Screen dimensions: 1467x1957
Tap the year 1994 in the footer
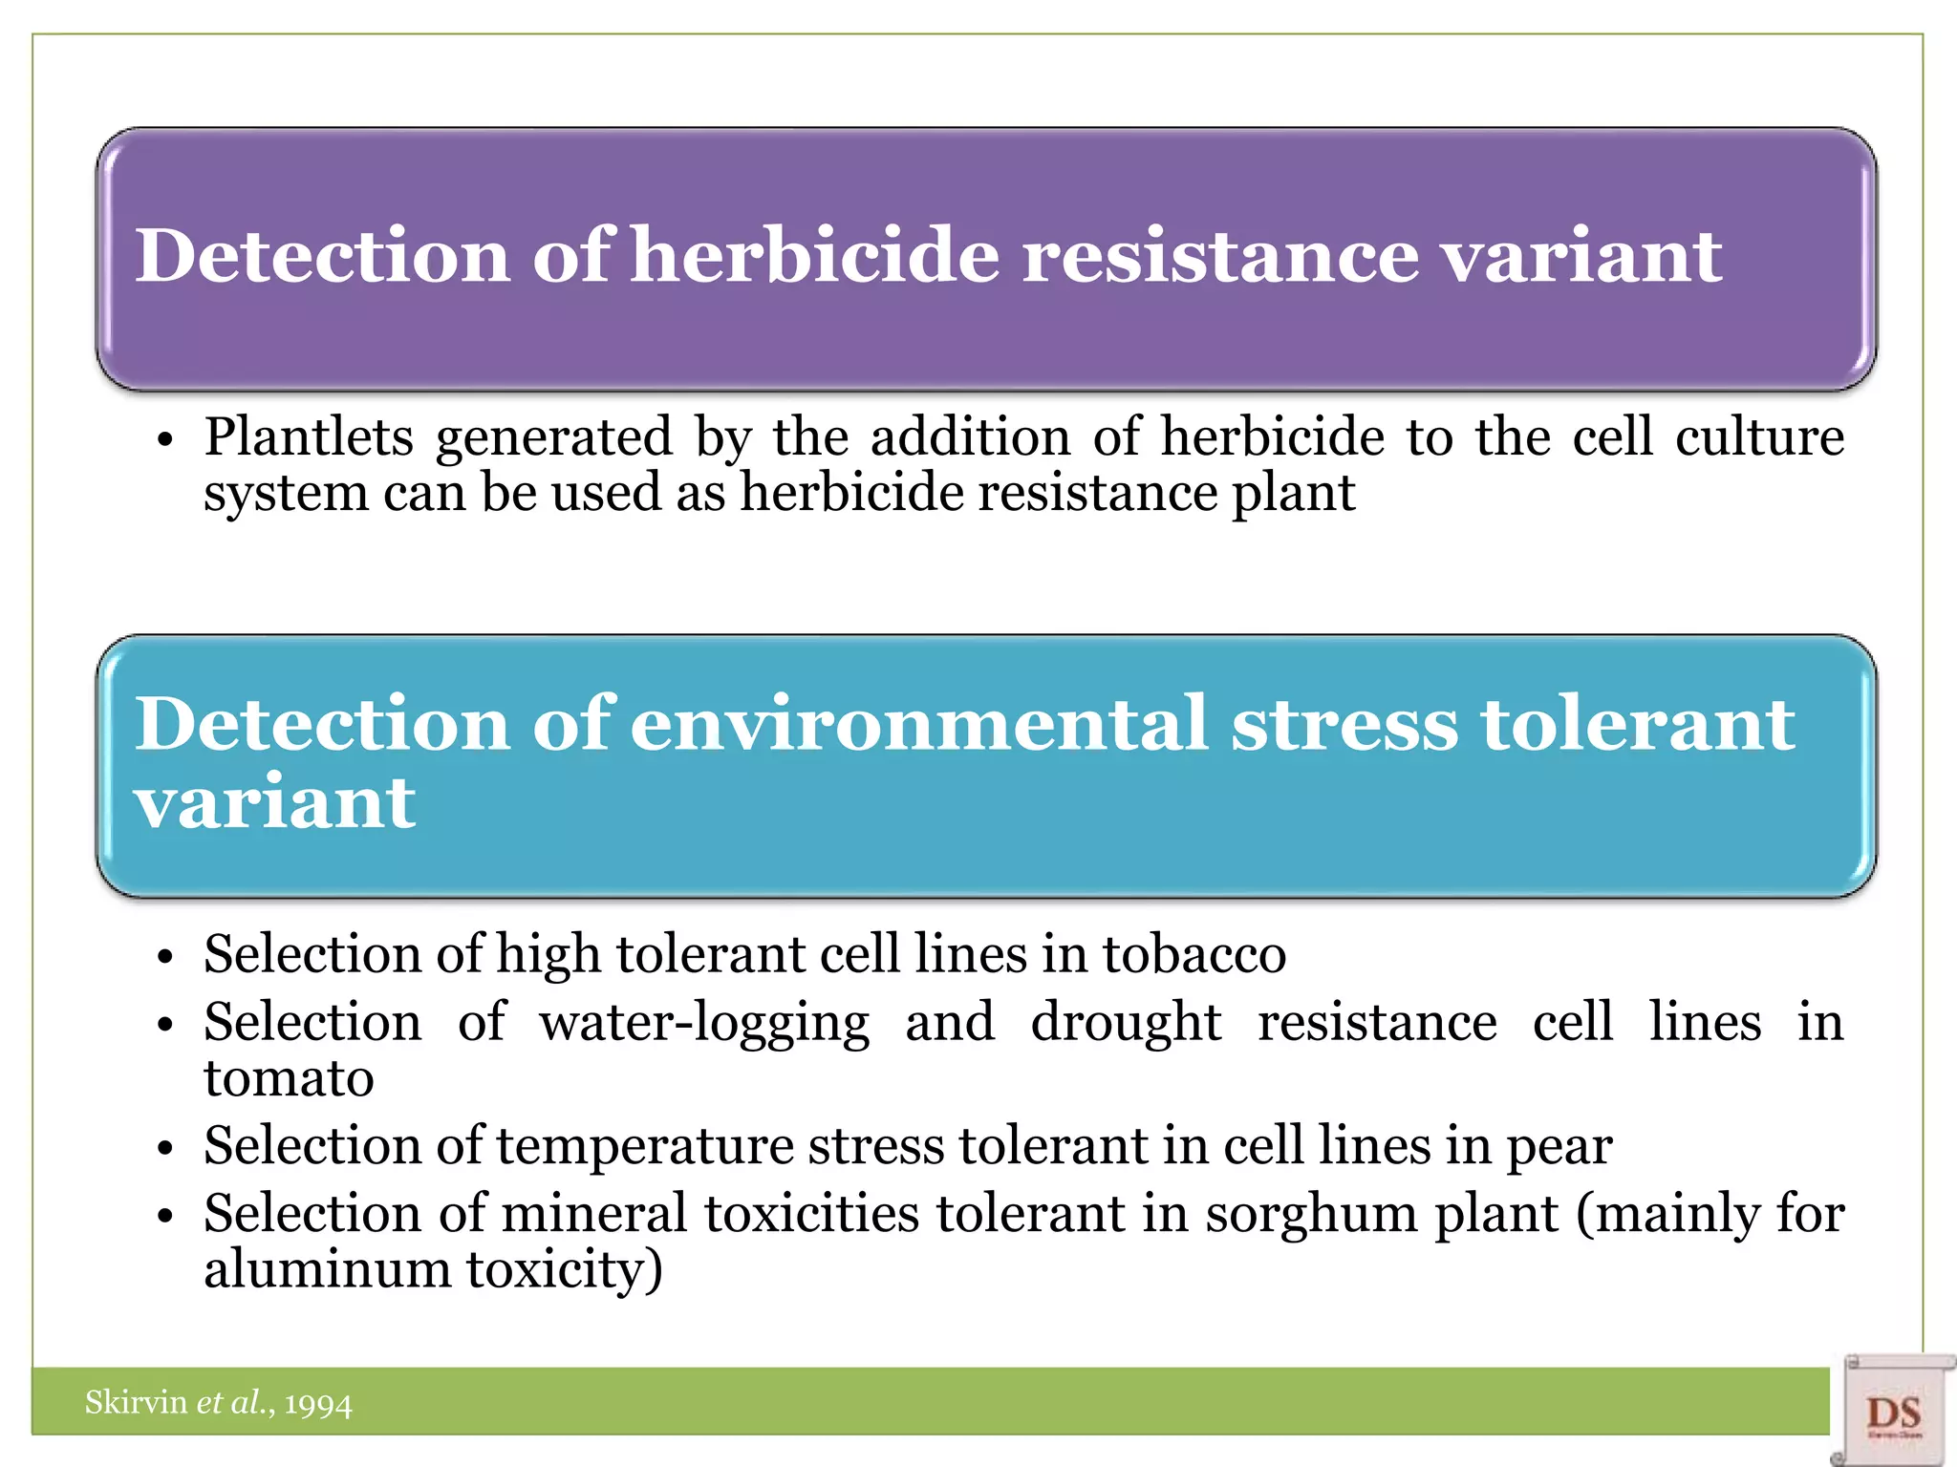(318, 1404)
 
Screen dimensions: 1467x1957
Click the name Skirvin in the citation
(136, 1402)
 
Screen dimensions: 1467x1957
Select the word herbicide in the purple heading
(815, 256)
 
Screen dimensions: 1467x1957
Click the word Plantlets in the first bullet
(309, 438)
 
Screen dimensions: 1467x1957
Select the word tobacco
(1194, 954)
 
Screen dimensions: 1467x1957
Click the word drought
(1126, 1022)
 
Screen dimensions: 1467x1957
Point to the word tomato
(289, 1079)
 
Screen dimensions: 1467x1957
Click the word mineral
(594, 1214)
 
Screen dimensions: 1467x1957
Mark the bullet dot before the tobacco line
(165, 958)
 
